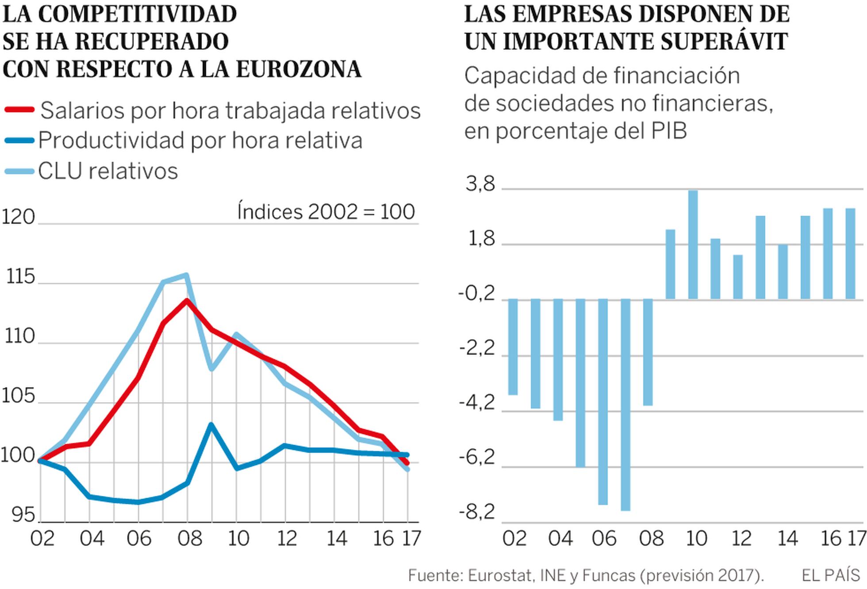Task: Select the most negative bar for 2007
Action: point(625,405)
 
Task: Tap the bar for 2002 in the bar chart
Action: point(513,347)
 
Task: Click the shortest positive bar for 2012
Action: point(738,277)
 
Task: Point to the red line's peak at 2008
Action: point(187,301)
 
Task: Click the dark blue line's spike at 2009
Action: point(211,425)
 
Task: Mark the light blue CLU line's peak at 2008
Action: point(186,275)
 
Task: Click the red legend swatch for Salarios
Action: point(19,110)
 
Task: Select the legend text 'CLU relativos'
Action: point(108,171)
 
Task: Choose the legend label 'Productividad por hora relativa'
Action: point(200,141)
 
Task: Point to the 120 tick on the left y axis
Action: point(19,218)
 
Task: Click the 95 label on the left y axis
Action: point(23,515)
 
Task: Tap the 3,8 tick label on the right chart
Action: point(480,184)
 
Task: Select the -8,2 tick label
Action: point(477,513)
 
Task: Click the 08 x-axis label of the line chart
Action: point(190,539)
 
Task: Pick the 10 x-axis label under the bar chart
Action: point(696,539)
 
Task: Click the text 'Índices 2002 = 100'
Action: point(326,212)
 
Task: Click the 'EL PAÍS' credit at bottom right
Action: point(831,575)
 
